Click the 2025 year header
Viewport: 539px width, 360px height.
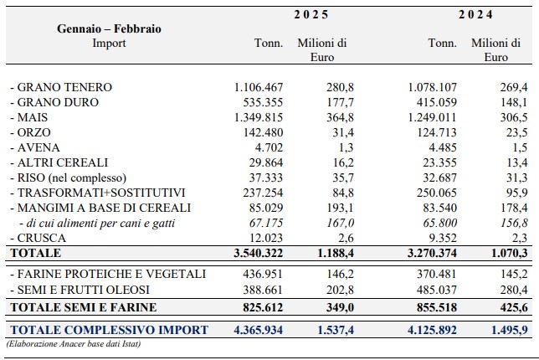click(x=311, y=15)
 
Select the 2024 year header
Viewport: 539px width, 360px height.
click(x=475, y=15)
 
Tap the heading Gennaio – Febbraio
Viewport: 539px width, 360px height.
click(x=109, y=28)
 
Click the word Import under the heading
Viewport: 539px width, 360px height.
click(x=109, y=44)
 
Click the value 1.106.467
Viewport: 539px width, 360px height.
click(x=259, y=87)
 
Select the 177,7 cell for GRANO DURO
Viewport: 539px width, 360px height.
click(x=340, y=102)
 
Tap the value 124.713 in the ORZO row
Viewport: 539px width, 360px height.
click(x=437, y=133)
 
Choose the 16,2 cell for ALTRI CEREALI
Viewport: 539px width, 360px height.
click(x=343, y=162)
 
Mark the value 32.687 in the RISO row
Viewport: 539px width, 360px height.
click(x=439, y=177)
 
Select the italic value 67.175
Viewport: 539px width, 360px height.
click(x=266, y=224)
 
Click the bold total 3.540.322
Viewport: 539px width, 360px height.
click(x=259, y=254)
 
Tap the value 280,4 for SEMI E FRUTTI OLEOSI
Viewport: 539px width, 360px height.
click(x=514, y=291)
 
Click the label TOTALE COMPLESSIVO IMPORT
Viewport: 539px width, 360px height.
click(x=110, y=330)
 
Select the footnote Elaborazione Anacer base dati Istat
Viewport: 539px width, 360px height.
click(x=74, y=344)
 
